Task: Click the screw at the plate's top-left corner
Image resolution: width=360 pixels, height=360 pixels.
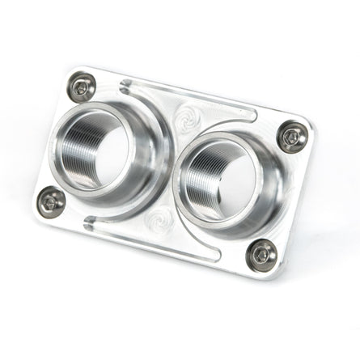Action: click(x=81, y=88)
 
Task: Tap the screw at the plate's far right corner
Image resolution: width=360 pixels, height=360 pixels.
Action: click(x=293, y=137)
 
